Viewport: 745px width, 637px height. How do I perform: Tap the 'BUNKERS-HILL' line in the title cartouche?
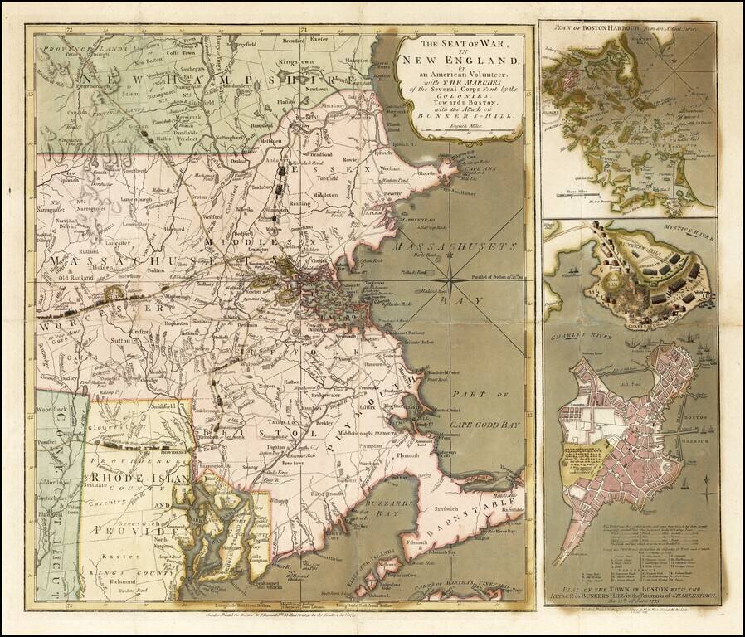pyautogui.click(x=460, y=116)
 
